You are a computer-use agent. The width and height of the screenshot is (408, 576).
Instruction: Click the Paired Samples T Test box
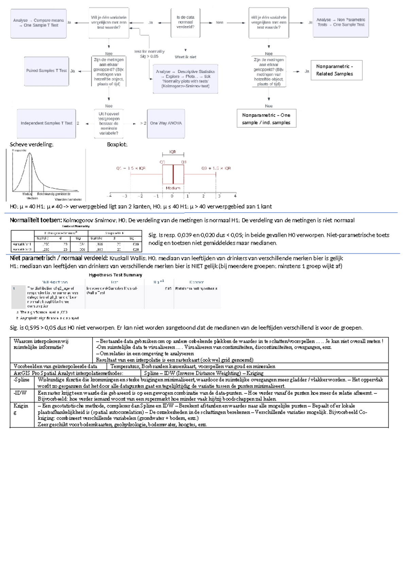click(x=47, y=71)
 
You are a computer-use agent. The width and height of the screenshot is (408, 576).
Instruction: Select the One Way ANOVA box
click(x=166, y=123)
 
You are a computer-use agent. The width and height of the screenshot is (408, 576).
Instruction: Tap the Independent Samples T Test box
click(x=47, y=123)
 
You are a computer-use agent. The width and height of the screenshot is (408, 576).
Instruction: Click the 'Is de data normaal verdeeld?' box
click(x=185, y=22)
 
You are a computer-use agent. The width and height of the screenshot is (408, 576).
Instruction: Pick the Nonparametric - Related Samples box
click(x=336, y=70)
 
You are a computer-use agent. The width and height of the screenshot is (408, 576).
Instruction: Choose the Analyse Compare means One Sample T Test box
click(x=38, y=23)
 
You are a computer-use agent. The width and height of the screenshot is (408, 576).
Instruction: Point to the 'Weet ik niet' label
click(x=185, y=57)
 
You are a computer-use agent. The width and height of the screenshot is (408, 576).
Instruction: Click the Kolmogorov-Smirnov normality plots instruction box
click(x=185, y=79)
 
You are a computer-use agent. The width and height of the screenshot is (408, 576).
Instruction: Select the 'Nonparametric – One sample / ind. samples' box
click(x=266, y=119)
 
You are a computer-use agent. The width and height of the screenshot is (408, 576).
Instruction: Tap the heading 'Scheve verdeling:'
click(x=32, y=144)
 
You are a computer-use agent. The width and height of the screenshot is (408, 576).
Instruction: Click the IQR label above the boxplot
click(x=173, y=152)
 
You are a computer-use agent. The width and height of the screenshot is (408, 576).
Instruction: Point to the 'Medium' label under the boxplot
click(x=173, y=188)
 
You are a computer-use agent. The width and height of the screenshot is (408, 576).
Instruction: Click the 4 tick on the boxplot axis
click(x=235, y=196)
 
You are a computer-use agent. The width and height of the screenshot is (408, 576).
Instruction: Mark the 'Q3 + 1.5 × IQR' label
click(x=216, y=168)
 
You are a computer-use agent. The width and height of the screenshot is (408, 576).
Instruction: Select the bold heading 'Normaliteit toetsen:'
click(x=36, y=220)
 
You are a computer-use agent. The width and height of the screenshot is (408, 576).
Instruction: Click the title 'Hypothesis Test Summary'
click(x=115, y=275)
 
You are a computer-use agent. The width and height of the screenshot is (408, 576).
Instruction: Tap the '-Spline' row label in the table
click(x=21, y=380)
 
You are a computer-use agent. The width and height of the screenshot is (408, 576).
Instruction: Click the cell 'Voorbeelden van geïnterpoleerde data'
click(x=55, y=366)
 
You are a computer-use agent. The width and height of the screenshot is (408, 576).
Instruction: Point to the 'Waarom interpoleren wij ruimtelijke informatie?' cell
click(x=41, y=344)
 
